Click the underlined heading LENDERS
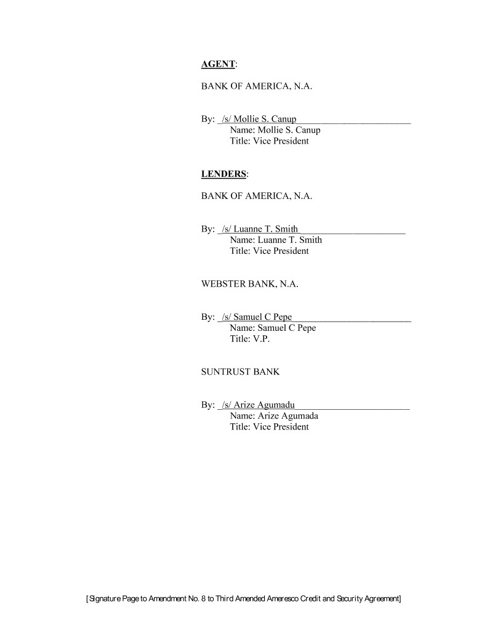(x=224, y=174)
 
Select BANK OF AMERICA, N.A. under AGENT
(x=257, y=87)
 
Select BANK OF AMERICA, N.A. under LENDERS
(x=257, y=197)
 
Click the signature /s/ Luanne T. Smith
(x=259, y=229)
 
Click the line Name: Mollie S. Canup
(x=275, y=130)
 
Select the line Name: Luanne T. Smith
(x=275, y=240)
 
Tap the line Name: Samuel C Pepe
(x=272, y=328)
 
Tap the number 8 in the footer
(x=203, y=598)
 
